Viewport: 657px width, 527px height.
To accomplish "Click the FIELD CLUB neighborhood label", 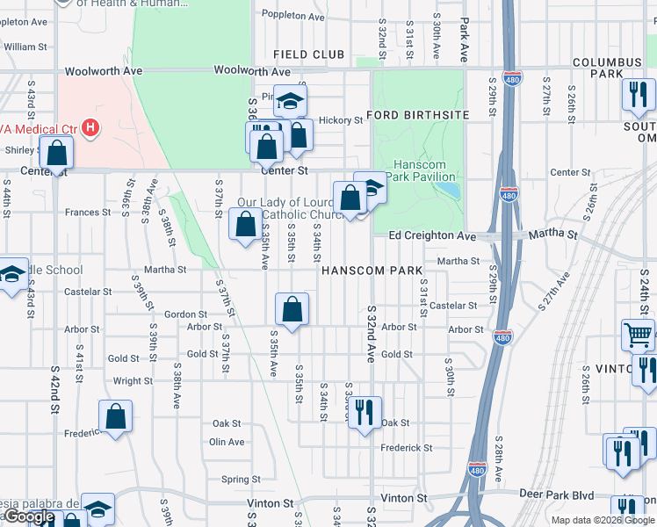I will tap(308, 54).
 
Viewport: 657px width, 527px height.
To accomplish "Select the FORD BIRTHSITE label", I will tap(418, 115).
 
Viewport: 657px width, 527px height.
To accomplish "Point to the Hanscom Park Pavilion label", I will tap(420, 170).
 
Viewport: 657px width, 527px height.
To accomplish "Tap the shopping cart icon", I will tap(638, 335).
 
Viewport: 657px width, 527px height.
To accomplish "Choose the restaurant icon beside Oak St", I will tap(365, 413).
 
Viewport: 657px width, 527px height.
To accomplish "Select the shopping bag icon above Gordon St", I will tap(292, 309).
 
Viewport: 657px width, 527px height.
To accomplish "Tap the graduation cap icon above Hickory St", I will tap(289, 101).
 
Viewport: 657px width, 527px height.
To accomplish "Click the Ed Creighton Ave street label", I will tap(431, 235).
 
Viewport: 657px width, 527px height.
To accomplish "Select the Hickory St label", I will tap(340, 120).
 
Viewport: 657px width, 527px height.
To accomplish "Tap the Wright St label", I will tap(133, 381).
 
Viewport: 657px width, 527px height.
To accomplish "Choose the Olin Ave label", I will tap(227, 442).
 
